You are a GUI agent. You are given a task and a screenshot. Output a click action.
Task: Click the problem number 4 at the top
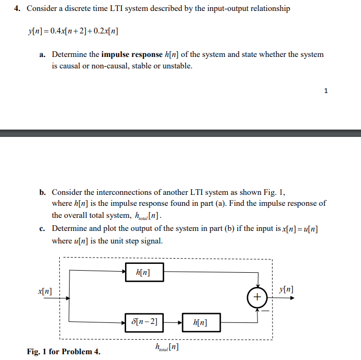[18, 9]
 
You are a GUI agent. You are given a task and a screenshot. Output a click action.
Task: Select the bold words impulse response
[131, 54]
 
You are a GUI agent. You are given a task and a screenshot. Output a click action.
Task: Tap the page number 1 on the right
[326, 91]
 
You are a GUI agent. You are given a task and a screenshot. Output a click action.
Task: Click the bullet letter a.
[42, 54]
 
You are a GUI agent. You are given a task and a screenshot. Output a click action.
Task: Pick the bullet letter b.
[42, 192]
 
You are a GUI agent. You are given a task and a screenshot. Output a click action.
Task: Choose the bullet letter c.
[42, 228]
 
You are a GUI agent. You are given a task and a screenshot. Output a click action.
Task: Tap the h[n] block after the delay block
[201, 322]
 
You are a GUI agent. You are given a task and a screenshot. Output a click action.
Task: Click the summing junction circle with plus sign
[257, 297]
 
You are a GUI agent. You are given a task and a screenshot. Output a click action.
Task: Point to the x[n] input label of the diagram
[44, 291]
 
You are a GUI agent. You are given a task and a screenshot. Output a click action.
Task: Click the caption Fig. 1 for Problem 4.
[63, 351]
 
